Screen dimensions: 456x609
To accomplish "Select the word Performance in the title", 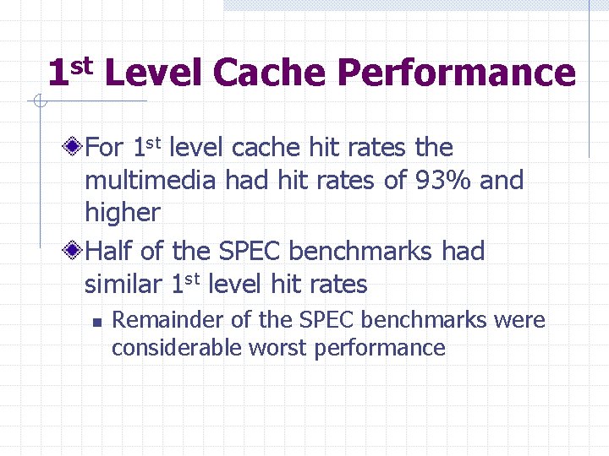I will (457, 73).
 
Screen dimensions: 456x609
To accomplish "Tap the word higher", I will (122, 213).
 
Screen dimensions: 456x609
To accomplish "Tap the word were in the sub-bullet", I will (520, 320).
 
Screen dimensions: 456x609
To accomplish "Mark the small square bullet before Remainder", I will (97, 322).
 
